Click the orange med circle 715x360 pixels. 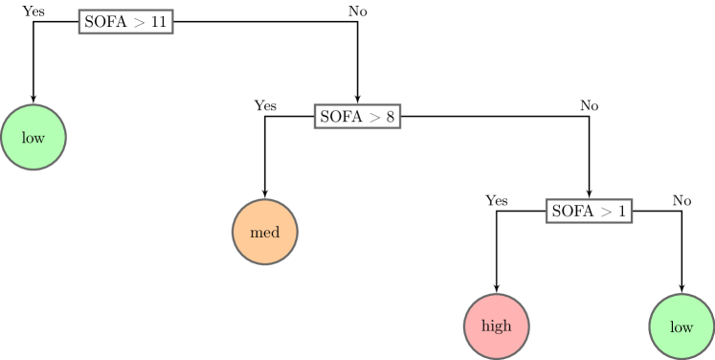(x=265, y=232)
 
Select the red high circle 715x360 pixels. (x=497, y=326)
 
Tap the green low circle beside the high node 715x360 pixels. (x=681, y=326)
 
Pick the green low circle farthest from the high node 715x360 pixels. (x=34, y=138)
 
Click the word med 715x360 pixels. (x=265, y=233)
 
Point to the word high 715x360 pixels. (x=497, y=326)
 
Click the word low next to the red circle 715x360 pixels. (x=681, y=327)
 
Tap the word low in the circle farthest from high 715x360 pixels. (x=34, y=139)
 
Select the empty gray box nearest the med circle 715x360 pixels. (x=357, y=116)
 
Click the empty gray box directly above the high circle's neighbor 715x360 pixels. (x=589, y=211)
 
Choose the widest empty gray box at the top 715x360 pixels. (x=125, y=22)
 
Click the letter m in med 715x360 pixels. (x=256, y=234)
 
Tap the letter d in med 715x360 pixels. (x=276, y=233)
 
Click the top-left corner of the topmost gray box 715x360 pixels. (x=79, y=11)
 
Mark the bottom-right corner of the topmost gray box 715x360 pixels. (x=172, y=34)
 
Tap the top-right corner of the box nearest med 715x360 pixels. (x=399, y=105)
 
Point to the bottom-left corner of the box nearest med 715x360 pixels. (x=315, y=126)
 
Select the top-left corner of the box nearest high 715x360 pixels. (x=547, y=200)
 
